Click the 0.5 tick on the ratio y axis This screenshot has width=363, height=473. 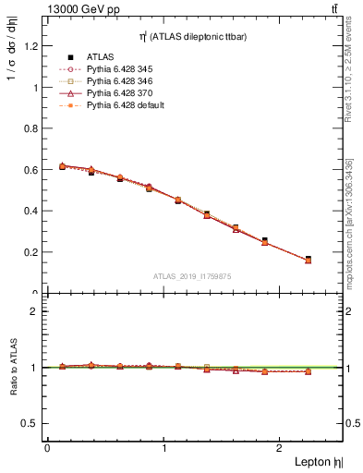click(36, 423)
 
